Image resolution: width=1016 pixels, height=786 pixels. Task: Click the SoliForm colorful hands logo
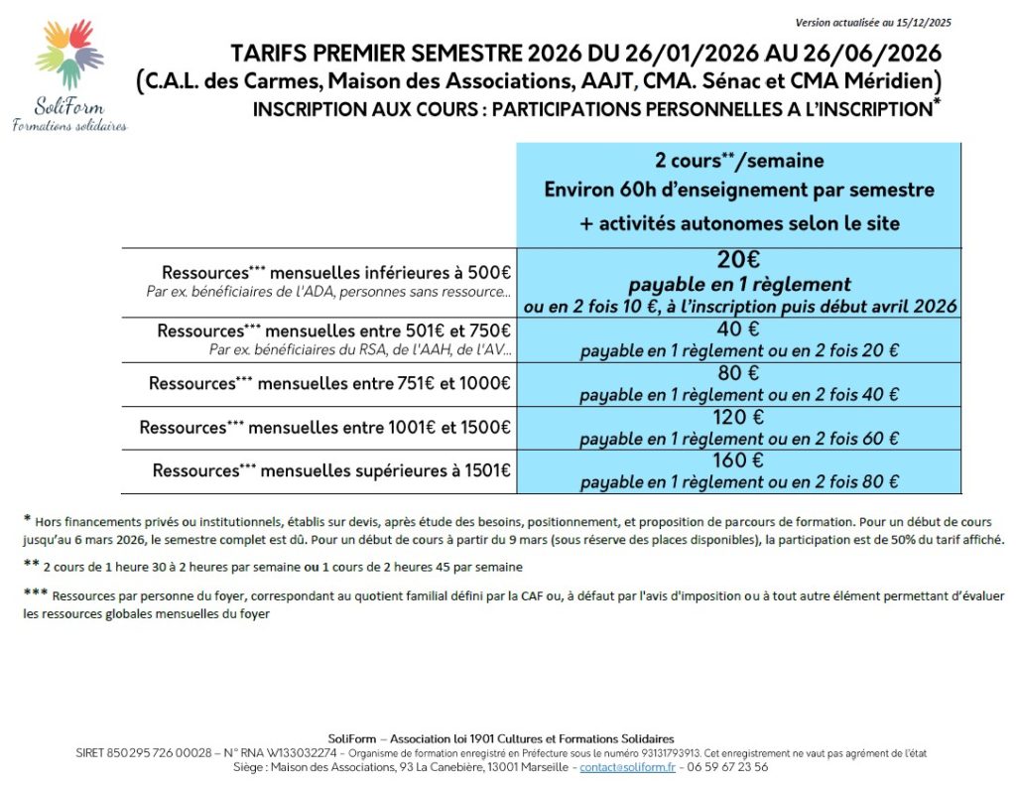[x=68, y=54]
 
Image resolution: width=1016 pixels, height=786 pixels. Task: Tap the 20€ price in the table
[x=738, y=260]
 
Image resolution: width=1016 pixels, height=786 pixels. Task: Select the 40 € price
[x=738, y=329]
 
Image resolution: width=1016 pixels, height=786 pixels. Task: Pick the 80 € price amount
[x=738, y=373]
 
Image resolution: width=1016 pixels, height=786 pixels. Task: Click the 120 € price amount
[x=738, y=417]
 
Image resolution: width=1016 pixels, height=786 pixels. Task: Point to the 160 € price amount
[x=738, y=460]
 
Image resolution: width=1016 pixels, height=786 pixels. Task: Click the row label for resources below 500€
[x=336, y=273]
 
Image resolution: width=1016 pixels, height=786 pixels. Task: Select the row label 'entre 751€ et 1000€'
[x=329, y=383]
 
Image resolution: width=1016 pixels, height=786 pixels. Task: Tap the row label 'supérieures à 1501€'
[x=331, y=470]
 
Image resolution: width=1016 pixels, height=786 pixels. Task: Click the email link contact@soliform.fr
[x=627, y=767]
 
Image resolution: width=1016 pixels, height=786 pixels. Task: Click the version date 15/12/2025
[x=923, y=22]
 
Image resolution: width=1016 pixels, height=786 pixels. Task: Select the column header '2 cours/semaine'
[x=738, y=160]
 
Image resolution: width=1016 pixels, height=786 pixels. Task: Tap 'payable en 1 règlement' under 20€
[x=738, y=285]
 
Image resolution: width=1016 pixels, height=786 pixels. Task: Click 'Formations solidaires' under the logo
[x=69, y=125]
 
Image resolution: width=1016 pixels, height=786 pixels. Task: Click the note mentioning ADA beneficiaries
[x=328, y=292]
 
